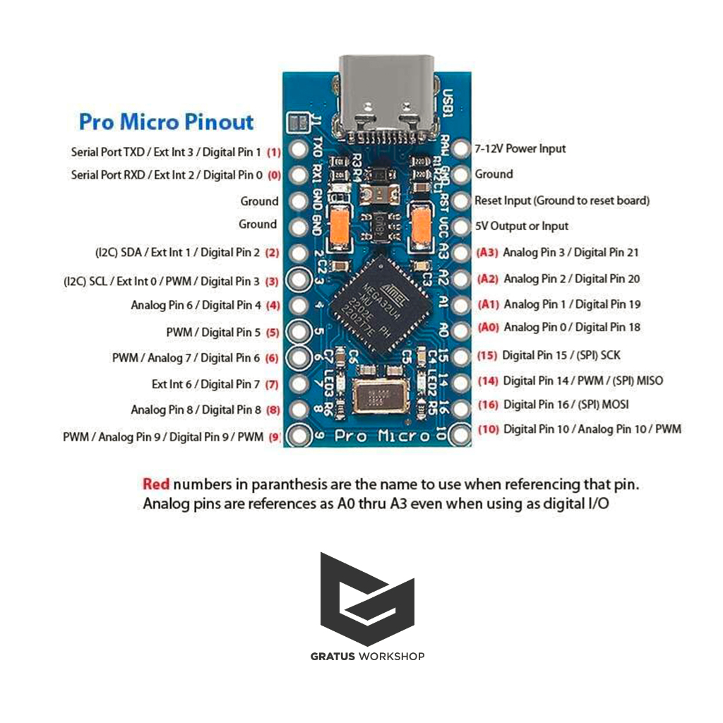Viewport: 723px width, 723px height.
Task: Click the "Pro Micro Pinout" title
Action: tap(166, 121)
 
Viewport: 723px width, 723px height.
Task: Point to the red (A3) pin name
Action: tap(488, 252)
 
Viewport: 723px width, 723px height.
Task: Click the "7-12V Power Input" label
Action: tap(520, 149)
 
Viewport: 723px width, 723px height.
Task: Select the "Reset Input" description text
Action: tap(561, 201)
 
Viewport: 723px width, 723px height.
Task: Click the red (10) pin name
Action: tap(488, 429)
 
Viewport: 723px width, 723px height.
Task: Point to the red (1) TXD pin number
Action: tap(273, 152)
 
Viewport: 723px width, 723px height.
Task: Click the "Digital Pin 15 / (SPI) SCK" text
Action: tap(561, 354)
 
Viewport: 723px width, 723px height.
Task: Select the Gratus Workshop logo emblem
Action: tap(367, 599)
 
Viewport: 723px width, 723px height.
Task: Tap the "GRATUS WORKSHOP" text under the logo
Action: tap(367, 657)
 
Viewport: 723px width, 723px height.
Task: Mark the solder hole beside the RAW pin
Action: tap(460, 149)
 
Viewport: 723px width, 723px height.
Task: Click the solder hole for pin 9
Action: tap(299, 437)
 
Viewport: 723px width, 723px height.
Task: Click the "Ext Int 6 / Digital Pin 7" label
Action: tap(205, 384)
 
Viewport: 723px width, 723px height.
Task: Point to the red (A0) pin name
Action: tap(488, 328)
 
